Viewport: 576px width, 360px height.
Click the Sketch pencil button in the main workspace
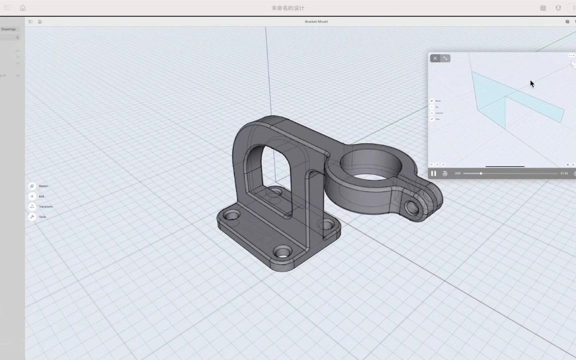[x=32, y=186]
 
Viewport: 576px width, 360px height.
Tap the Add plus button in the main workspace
[x=32, y=196]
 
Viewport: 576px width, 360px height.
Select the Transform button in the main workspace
[x=32, y=206]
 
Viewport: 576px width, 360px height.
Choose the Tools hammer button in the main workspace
[x=32, y=217]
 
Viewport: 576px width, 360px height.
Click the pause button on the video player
[x=433, y=173]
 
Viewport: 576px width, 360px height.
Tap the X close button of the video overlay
[x=435, y=58]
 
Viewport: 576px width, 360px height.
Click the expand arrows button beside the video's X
[x=445, y=58]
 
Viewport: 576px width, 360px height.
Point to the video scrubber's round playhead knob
[x=481, y=173]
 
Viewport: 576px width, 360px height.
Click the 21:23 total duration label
[x=564, y=173]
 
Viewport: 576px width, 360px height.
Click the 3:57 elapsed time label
[x=457, y=173]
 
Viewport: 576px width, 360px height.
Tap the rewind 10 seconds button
[x=445, y=173]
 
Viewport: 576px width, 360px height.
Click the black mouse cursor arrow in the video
[x=532, y=84]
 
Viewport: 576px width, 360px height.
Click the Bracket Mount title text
[x=316, y=21]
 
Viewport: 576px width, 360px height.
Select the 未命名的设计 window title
[x=288, y=8]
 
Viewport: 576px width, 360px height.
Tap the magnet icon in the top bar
[x=558, y=8]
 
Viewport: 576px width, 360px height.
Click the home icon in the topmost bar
[x=22, y=8]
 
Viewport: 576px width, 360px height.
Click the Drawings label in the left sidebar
[x=8, y=29]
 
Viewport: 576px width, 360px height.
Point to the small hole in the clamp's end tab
[x=412, y=207]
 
